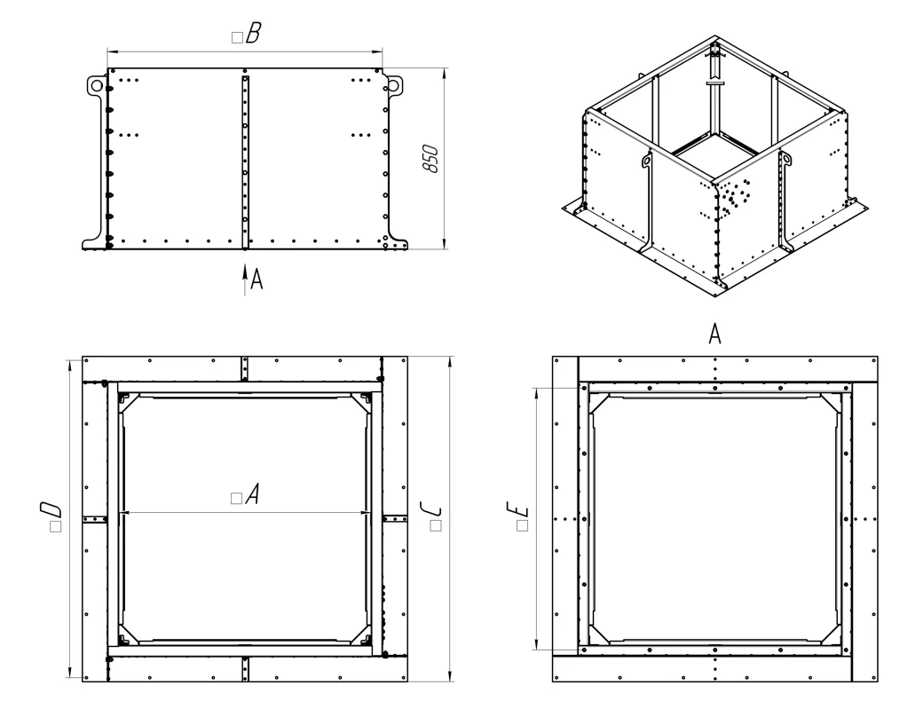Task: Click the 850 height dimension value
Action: pyautogui.click(x=430, y=158)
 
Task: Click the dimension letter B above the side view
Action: pyautogui.click(x=253, y=33)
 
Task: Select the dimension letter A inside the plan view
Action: pyautogui.click(x=252, y=493)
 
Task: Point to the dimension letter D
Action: pyautogui.click(x=51, y=509)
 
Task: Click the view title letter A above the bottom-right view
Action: pyautogui.click(x=714, y=335)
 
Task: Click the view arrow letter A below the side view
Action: pyautogui.click(x=256, y=279)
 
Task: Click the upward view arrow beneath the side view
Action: pyautogui.click(x=245, y=280)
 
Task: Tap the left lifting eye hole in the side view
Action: pyautogui.click(x=96, y=85)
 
